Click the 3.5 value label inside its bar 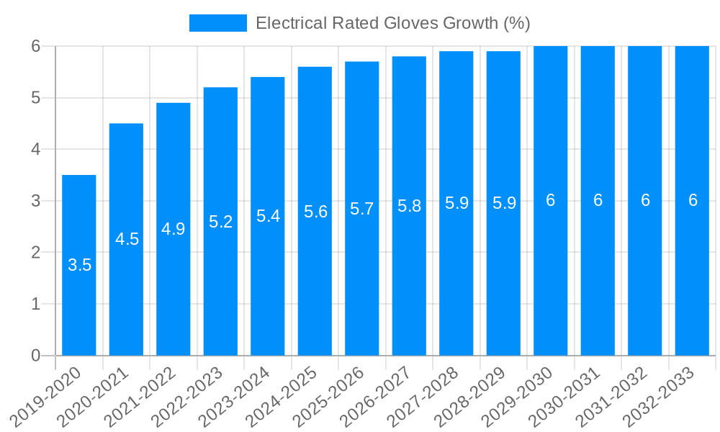79,265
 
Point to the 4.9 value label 174,229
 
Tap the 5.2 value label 221,222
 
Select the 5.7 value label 362,209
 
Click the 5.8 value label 410,206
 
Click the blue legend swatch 218,23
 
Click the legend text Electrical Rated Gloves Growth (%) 393,23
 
